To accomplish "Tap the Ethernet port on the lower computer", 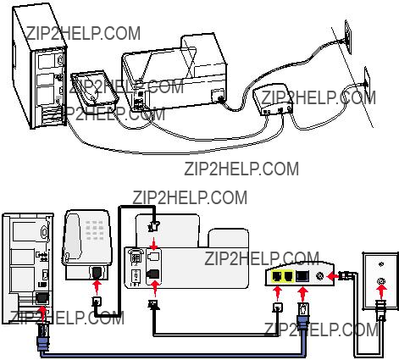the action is pos(42,298).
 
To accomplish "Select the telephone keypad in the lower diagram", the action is pos(95,230).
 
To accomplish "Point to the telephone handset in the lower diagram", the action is pos(73,236).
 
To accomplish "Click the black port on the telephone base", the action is pos(97,272).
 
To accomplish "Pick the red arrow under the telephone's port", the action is pos(97,287).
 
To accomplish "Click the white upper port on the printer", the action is pos(153,256).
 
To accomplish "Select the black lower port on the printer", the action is pos(153,274).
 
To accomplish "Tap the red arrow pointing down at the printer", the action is pos(153,244).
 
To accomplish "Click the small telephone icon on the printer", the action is pos(136,257).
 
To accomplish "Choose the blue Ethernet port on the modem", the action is pos(302,276).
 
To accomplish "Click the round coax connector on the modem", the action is pos(320,276).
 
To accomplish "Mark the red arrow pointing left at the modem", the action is pos(332,275).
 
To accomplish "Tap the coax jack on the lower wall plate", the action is pos(381,281).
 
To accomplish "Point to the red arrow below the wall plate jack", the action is pos(381,292).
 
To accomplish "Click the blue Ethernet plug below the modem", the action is pos(302,316).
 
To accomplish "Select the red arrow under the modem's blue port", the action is pos(302,294).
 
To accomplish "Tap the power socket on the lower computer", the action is pos(44,231).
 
